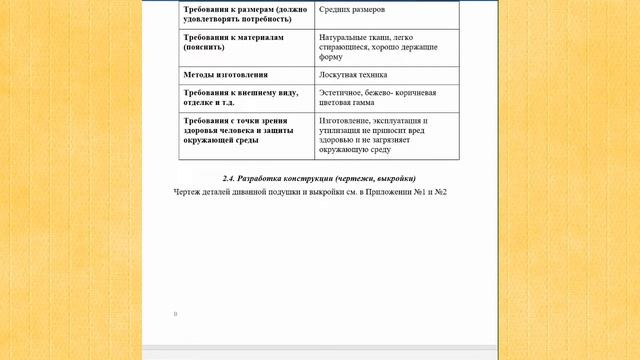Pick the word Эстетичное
[341, 92]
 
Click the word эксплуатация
[398, 120]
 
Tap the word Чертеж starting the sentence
[186, 191]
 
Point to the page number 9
[176, 314]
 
